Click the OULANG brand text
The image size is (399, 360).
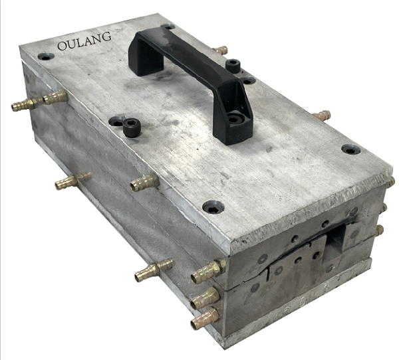click(x=84, y=41)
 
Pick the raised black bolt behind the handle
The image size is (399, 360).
click(x=233, y=66)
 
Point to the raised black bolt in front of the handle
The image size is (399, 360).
click(x=132, y=128)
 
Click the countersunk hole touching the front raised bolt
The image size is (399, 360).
click(x=116, y=122)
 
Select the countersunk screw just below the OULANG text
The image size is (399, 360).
click(x=46, y=56)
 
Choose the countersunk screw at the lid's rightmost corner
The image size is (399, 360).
click(x=351, y=149)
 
